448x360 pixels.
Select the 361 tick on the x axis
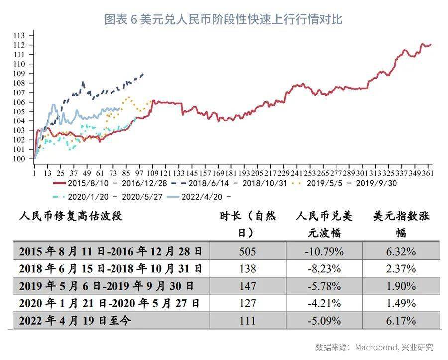coord(427,173)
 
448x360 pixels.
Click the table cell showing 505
coord(248,252)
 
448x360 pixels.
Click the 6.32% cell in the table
coord(401,252)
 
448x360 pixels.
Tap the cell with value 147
coord(248,286)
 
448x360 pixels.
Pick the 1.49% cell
coord(401,303)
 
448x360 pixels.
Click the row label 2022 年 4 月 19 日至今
coord(75,321)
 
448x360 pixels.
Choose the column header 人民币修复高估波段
coord(71,216)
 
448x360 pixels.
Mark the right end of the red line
coord(431,45)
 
